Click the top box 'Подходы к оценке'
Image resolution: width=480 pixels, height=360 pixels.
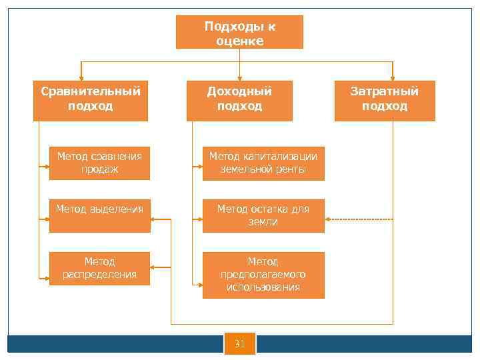click(239, 33)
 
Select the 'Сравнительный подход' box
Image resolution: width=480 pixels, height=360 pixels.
click(91, 100)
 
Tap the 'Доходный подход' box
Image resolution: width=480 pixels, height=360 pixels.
click(239, 100)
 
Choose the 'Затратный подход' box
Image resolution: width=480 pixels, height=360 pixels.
click(385, 100)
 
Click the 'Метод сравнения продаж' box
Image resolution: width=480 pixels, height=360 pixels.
click(99, 163)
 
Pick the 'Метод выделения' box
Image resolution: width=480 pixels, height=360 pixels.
click(99, 215)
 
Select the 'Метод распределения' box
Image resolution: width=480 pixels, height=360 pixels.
click(99, 268)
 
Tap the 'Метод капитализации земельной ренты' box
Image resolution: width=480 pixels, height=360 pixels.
click(263, 163)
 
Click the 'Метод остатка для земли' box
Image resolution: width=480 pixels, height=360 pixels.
click(263, 215)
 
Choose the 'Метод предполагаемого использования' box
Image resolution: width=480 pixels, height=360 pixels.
click(263, 275)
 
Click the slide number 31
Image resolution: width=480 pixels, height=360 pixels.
click(240, 344)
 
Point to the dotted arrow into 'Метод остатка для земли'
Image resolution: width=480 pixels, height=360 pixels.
click(360, 219)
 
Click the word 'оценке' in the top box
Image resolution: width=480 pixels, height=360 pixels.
click(240, 41)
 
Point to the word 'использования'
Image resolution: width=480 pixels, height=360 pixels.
click(263, 287)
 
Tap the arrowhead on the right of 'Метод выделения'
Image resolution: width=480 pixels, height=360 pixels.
click(155, 219)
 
